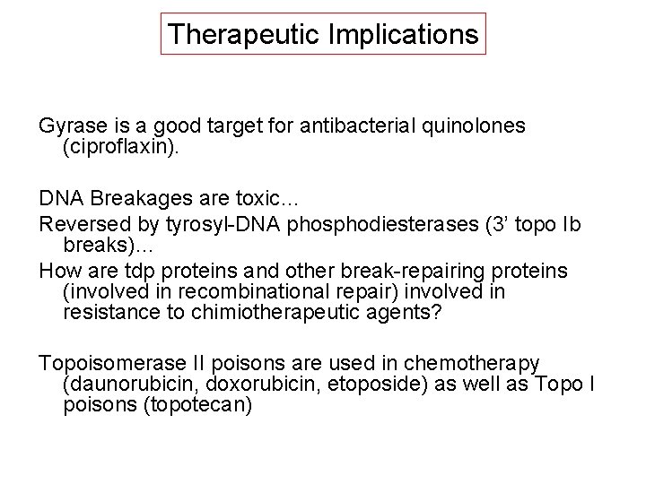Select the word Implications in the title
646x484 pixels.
click(x=397, y=35)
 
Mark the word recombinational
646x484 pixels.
click(x=236, y=293)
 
